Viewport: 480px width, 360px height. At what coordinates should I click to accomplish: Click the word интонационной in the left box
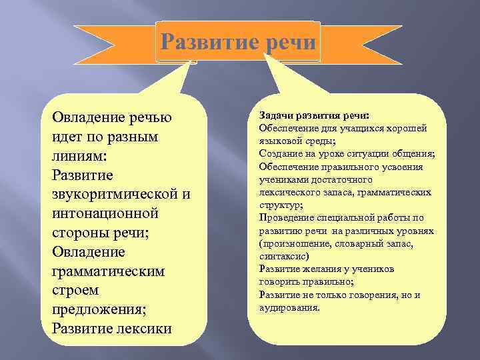click(x=106, y=214)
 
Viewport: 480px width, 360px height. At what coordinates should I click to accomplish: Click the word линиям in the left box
click(x=75, y=156)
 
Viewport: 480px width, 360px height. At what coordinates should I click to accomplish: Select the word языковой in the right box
click(x=281, y=141)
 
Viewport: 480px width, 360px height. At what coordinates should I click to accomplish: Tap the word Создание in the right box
click(x=281, y=154)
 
